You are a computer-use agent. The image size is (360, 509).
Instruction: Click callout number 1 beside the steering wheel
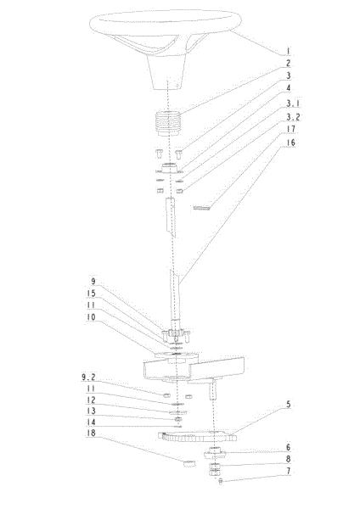[288, 51]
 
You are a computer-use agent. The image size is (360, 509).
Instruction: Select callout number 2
[288, 64]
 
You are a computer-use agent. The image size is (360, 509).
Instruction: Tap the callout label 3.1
[293, 103]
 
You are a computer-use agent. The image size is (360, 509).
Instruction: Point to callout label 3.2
[293, 117]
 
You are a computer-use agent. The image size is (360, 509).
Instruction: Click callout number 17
[290, 129]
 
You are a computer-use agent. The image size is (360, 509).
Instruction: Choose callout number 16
[290, 143]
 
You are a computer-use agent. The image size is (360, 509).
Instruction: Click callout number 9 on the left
[93, 281]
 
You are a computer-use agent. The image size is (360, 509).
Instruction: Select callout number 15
[92, 294]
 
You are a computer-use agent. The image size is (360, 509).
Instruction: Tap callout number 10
[92, 316]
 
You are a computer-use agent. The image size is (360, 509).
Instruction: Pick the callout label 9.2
[88, 377]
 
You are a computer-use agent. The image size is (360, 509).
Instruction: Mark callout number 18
[92, 433]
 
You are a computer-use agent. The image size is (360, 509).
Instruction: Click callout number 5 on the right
[288, 405]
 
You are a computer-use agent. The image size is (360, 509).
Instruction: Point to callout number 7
[288, 471]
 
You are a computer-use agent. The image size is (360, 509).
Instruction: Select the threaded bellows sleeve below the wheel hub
[168, 124]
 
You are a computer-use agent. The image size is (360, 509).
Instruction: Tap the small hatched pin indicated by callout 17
[202, 207]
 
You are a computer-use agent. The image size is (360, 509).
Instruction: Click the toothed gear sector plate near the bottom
[197, 436]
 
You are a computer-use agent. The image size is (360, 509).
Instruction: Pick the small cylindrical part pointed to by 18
[189, 463]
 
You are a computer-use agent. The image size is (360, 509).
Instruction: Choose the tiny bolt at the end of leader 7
[221, 481]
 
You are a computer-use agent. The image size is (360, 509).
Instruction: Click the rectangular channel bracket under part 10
[194, 369]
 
